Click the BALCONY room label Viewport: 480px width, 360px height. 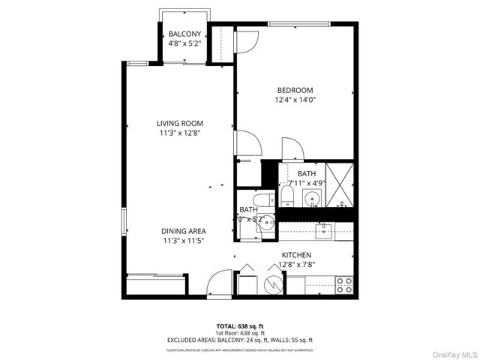click(x=183, y=34)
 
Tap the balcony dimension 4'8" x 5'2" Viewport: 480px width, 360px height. click(x=183, y=43)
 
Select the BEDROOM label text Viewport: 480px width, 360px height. click(x=295, y=90)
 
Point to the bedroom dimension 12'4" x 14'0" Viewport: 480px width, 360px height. click(x=295, y=100)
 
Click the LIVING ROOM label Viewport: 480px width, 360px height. click(x=179, y=124)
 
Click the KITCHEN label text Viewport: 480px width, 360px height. click(x=296, y=255)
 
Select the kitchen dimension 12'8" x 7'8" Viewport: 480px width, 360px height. click(x=296, y=264)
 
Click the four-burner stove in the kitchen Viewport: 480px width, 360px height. click(x=344, y=285)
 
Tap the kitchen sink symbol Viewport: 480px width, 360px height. click(x=325, y=229)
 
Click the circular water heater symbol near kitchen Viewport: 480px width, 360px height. click(x=273, y=285)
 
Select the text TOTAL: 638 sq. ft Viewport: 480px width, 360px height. click(x=239, y=325)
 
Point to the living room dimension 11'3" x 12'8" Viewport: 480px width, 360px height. click(x=179, y=133)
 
